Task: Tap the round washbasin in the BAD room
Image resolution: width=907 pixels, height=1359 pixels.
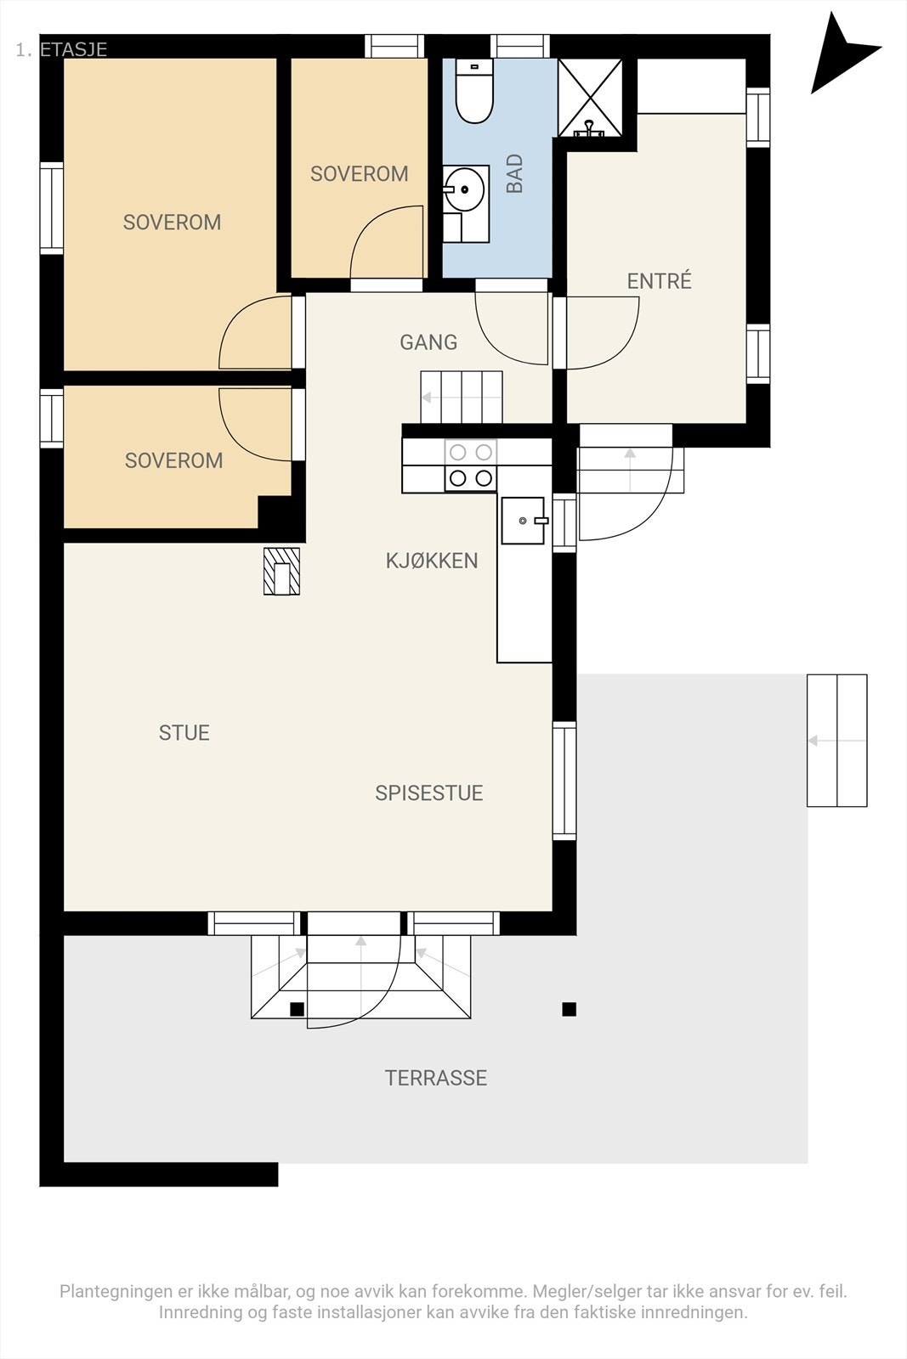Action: [x=464, y=189]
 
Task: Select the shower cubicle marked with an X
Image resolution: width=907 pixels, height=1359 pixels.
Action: [x=590, y=97]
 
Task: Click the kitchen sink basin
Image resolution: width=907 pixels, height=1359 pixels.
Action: [x=523, y=521]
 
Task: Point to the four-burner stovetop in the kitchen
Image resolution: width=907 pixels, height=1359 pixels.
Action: [x=470, y=465]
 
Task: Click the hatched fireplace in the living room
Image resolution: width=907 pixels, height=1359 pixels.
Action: [x=281, y=572]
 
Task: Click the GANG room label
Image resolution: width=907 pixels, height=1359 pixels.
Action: [x=428, y=342]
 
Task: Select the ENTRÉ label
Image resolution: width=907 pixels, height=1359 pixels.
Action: [x=660, y=281]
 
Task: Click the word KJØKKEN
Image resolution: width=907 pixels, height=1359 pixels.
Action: [x=432, y=561]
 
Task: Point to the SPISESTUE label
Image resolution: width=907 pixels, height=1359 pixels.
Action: [x=428, y=793]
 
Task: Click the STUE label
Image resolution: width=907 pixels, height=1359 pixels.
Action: [x=184, y=733]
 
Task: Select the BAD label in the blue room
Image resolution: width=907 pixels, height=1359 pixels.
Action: [x=514, y=173]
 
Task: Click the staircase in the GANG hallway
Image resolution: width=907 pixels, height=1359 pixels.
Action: [x=462, y=398]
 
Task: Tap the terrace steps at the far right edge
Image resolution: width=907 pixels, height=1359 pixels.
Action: [x=836, y=740]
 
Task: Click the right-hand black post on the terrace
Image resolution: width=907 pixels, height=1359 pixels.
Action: [x=569, y=1009]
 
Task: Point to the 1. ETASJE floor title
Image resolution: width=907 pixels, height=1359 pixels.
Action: [x=61, y=50]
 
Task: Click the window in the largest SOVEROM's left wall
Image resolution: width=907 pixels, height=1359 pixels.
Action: [x=52, y=207]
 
